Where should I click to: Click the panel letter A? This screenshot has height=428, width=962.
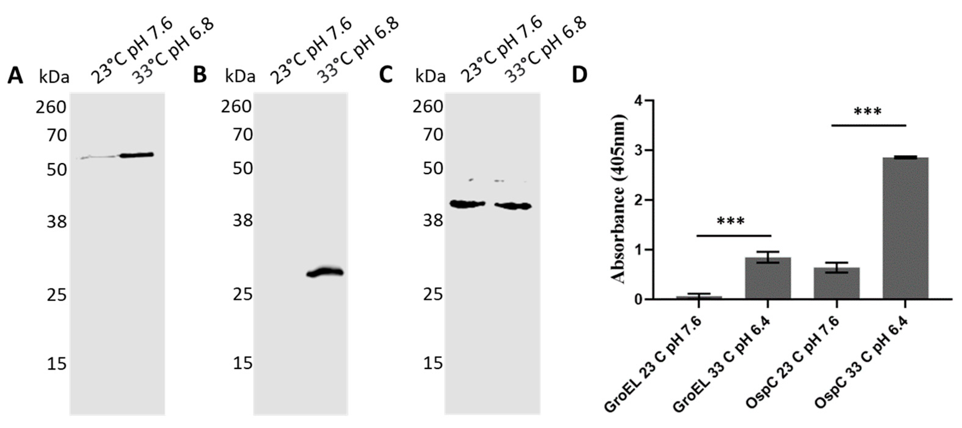(15, 76)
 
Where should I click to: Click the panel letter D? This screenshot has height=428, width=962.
(579, 75)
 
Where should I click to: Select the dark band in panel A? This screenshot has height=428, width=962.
(137, 155)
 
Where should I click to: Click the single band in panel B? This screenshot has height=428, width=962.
(325, 272)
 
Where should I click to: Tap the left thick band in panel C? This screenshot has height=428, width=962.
(467, 204)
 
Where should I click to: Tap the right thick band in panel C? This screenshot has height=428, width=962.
(513, 206)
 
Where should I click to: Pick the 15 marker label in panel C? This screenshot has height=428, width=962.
(433, 363)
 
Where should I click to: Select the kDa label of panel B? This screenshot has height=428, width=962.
(240, 77)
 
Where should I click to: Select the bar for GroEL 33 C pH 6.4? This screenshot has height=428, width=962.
(767, 278)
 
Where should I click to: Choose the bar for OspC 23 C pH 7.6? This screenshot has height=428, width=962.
(837, 283)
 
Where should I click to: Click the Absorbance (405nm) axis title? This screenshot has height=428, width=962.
(618, 200)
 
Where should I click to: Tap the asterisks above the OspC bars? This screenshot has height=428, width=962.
(867, 111)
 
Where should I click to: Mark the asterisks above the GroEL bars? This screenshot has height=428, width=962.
(730, 221)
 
